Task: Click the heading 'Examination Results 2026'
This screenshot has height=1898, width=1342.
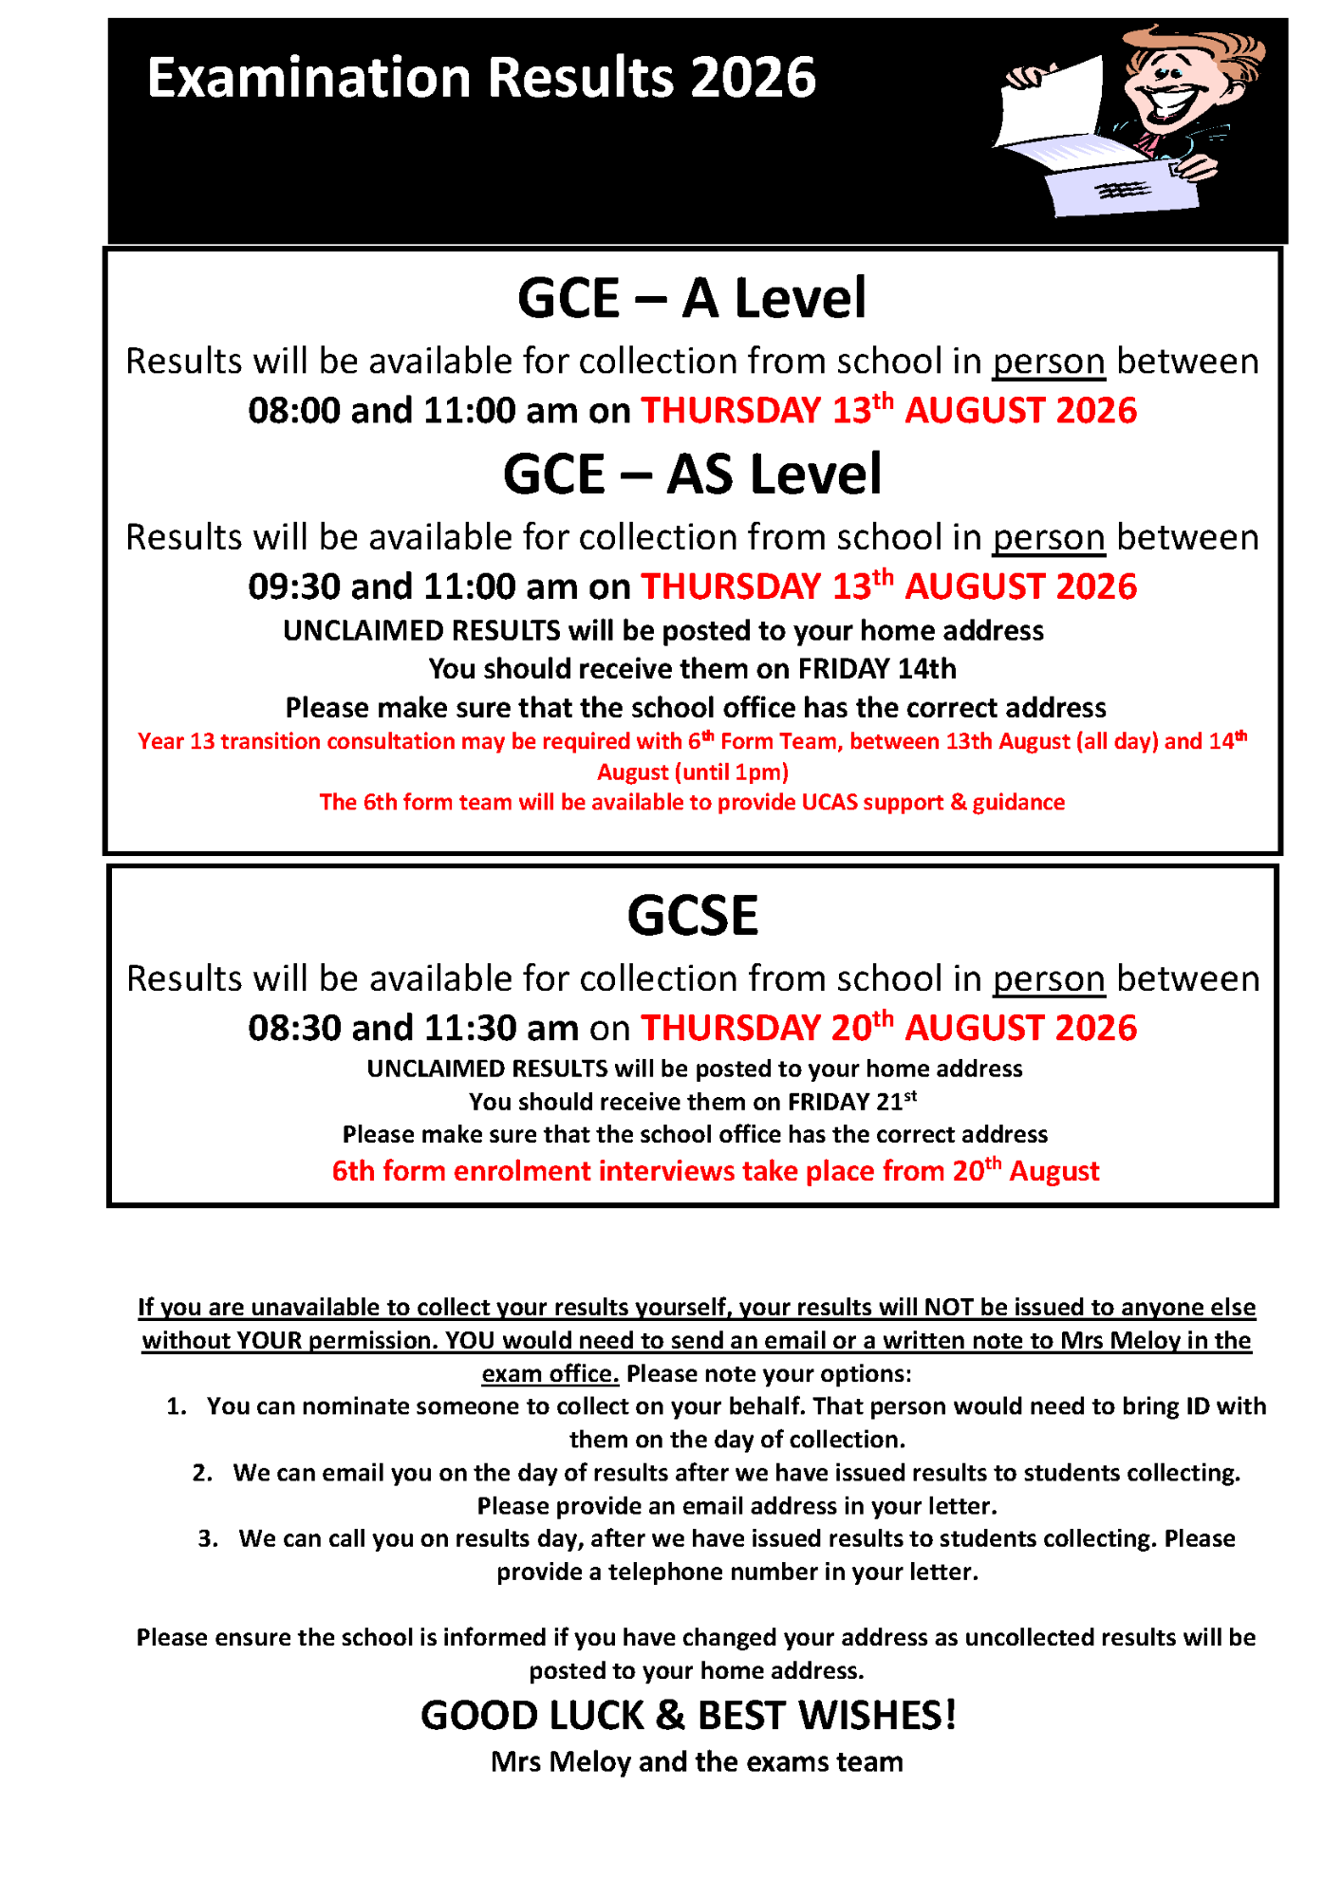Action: [481, 78]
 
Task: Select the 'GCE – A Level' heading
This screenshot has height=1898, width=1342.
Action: [692, 298]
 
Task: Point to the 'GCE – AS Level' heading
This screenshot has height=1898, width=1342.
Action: [692, 474]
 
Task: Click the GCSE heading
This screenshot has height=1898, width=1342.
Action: [692, 916]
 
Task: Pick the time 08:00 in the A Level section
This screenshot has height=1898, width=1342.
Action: [293, 411]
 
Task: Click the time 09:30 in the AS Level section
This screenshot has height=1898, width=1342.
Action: [293, 586]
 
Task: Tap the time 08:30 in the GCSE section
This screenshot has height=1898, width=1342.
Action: [293, 1028]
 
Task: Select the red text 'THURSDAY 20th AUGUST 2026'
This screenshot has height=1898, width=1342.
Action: [888, 1028]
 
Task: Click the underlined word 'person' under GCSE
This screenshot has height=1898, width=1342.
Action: [1049, 979]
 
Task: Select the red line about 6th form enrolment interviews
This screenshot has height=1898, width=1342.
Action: [715, 1171]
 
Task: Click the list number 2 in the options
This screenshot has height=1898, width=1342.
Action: [201, 1473]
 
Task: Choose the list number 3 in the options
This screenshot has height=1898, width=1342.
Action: [207, 1538]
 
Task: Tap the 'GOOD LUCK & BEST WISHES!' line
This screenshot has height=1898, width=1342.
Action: [688, 1716]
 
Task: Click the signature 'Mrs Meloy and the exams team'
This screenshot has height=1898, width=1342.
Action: [697, 1762]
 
